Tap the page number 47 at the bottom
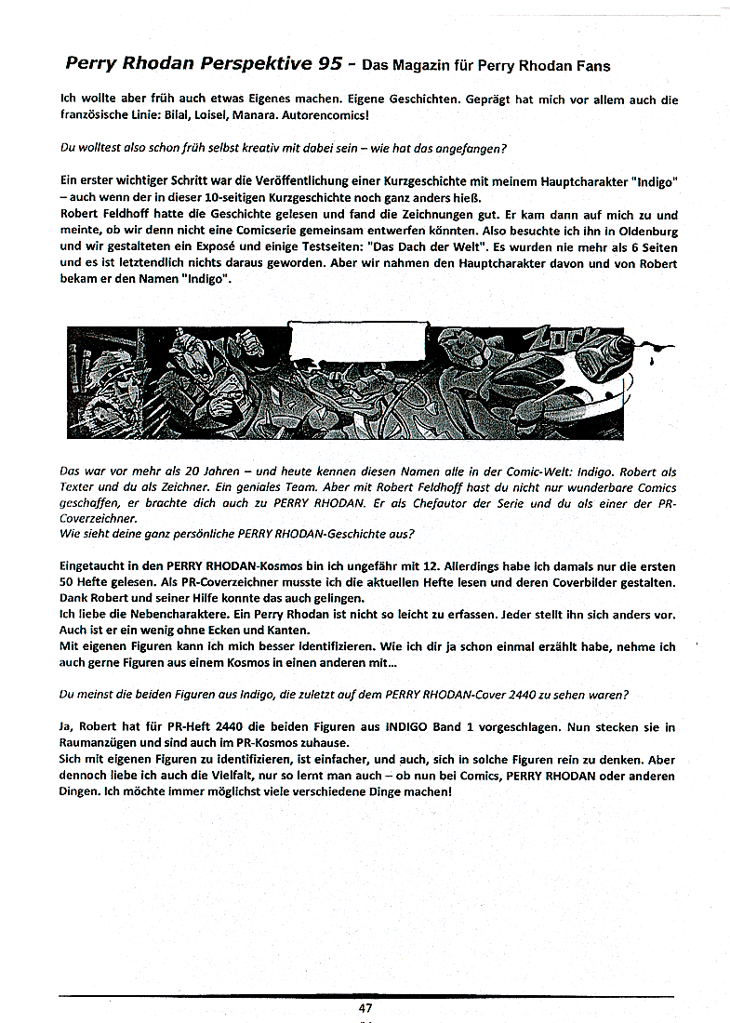tap(365, 1008)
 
